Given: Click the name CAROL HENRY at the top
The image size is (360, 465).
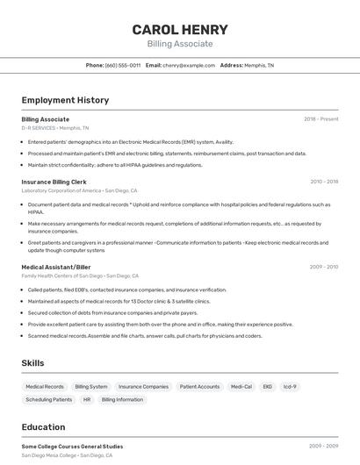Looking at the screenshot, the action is (180, 30).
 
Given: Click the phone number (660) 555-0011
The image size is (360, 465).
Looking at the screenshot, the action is (122, 65).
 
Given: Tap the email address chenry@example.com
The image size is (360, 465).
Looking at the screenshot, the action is (188, 65).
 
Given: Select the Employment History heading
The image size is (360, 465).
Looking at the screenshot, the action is (65, 100).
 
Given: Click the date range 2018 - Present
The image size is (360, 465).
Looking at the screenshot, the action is (321, 118).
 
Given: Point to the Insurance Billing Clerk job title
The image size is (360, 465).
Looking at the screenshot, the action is (55, 182).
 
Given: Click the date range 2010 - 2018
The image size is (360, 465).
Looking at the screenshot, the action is (324, 182).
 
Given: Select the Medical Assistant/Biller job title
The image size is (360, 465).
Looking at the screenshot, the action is (56, 267).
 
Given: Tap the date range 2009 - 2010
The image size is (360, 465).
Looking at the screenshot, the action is (324, 267).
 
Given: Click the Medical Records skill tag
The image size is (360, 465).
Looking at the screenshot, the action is (45, 386).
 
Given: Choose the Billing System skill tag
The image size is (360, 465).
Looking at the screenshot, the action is (91, 386).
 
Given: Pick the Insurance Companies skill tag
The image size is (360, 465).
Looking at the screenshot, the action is (143, 386).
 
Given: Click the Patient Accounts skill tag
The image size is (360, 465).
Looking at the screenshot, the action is (199, 386).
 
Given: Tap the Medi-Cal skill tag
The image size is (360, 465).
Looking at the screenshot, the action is (241, 386).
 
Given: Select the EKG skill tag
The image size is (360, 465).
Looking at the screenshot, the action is (268, 386).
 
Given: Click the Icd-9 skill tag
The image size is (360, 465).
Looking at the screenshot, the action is (290, 386).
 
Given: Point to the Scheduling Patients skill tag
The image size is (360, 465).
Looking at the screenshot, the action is (49, 399).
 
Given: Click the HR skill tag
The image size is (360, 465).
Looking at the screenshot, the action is (87, 399).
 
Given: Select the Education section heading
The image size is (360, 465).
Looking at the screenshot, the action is (43, 427).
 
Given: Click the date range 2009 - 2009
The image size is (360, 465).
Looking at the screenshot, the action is (324, 446).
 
